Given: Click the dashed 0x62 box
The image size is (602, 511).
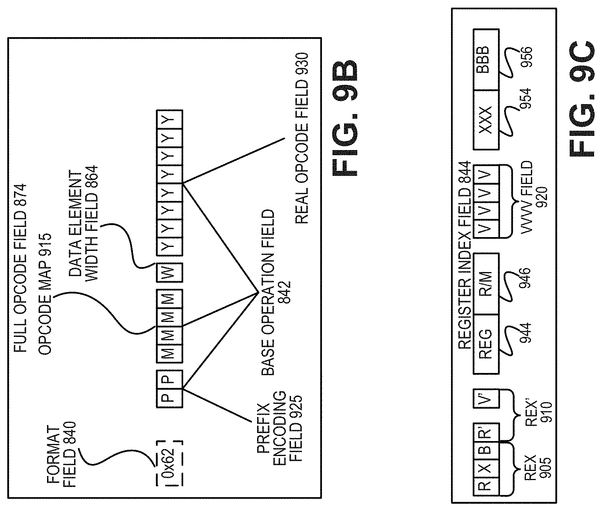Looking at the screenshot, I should tap(169, 464).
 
